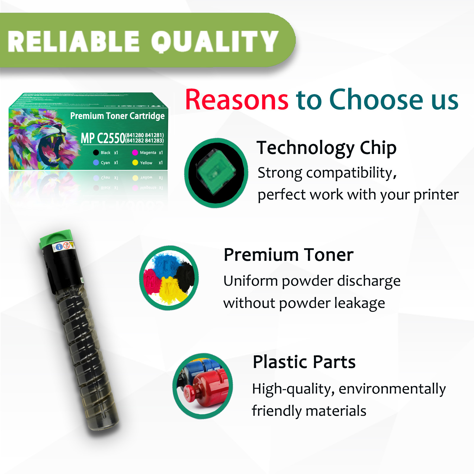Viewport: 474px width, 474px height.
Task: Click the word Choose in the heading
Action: click(x=376, y=100)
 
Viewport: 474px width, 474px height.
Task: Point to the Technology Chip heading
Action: click(x=326, y=148)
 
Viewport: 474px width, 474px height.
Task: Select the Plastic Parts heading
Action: click(x=304, y=362)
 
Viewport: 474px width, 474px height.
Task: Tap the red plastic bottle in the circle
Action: click(x=207, y=388)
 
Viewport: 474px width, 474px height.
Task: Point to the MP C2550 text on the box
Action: click(x=103, y=138)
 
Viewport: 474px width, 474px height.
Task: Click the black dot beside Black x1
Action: click(x=96, y=152)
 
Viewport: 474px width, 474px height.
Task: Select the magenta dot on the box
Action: click(x=135, y=152)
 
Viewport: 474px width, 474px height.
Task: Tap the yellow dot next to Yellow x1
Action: click(x=135, y=163)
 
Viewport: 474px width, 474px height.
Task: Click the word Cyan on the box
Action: click(x=105, y=163)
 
